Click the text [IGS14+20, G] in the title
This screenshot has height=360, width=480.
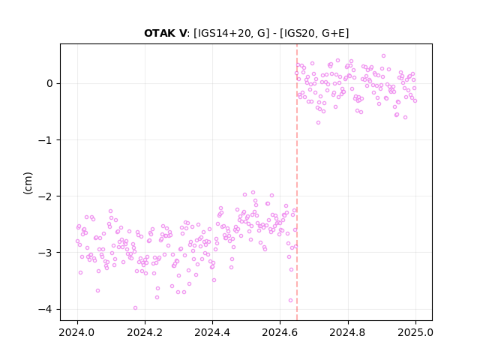tap(232, 33)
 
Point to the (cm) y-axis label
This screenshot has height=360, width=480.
tap(28, 183)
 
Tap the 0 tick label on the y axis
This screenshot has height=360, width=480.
tap(49, 83)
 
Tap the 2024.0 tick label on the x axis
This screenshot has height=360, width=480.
tap(77, 332)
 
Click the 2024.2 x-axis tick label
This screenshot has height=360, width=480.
tap(145, 332)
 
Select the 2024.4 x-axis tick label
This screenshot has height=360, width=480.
tap(212, 332)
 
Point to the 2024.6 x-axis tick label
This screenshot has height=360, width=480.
tap(280, 332)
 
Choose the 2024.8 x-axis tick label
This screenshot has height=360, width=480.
tap(348, 332)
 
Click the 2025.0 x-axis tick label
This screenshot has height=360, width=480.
tap(415, 332)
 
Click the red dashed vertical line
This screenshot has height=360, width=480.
tap(297, 182)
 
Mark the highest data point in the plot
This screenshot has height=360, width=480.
tap(383, 56)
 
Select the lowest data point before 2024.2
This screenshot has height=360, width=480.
tap(135, 308)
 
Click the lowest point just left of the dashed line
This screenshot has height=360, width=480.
tap(290, 301)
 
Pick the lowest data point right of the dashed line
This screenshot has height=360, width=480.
tap(318, 123)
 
